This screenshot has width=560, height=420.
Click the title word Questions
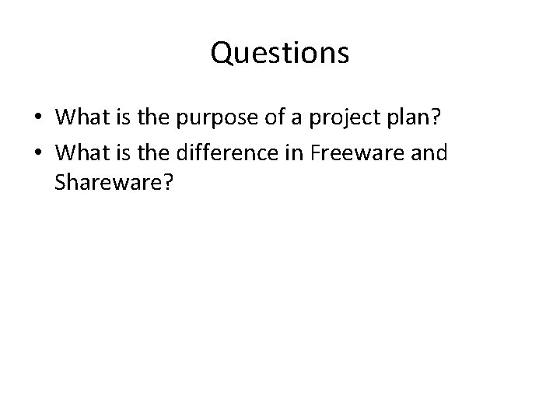279,54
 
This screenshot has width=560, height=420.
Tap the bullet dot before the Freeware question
38,153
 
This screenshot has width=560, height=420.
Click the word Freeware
352,153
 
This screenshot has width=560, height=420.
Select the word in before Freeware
292,153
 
